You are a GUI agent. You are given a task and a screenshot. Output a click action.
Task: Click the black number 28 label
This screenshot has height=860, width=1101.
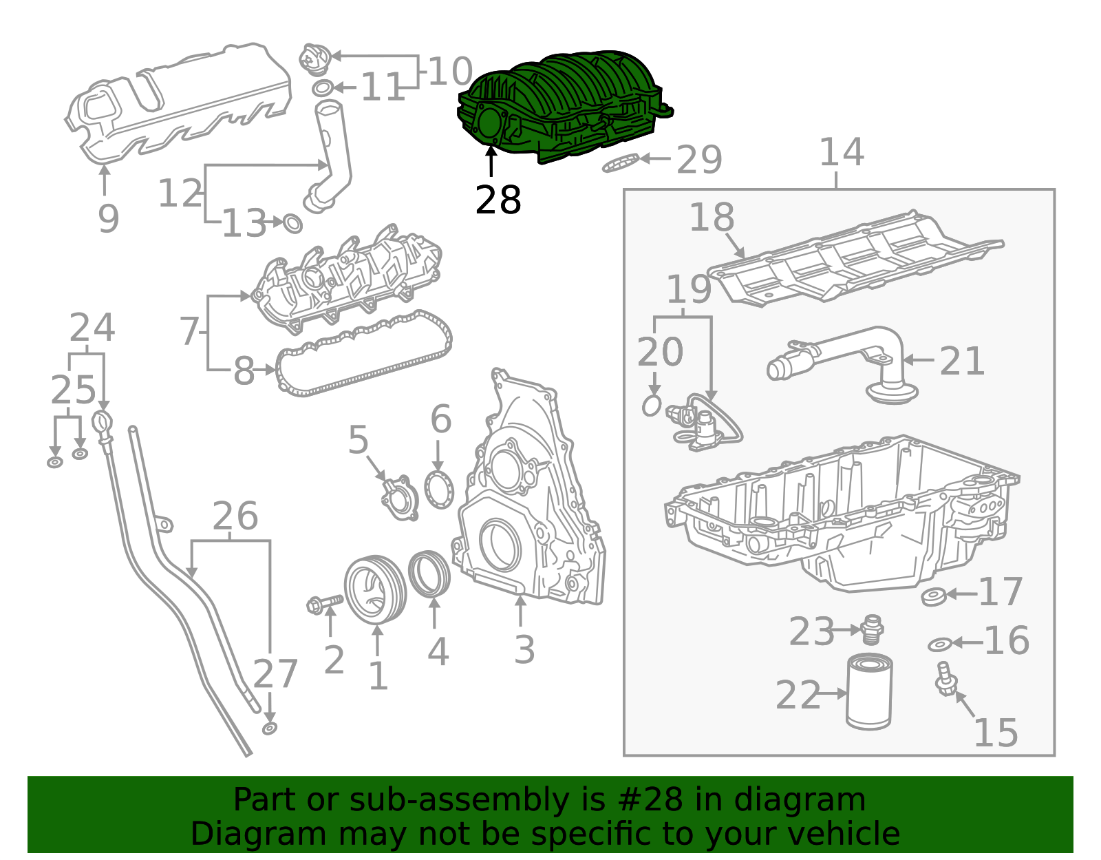pyautogui.click(x=498, y=200)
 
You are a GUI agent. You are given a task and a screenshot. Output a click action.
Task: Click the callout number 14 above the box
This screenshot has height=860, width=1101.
pyautogui.click(x=841, y=152)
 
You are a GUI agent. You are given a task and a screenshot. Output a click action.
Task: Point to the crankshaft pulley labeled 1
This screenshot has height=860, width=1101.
pyautogui.click(x=375, y=589)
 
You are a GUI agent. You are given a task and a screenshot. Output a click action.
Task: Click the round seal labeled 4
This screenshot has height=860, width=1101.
pyautogui.click(x=429, y=573)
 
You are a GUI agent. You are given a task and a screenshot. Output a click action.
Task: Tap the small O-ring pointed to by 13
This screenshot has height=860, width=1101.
pyautogui.click(x=293, y=223)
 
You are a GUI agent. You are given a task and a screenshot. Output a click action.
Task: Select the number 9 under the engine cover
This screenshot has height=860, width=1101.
pyautogui.click(x=108, y=218)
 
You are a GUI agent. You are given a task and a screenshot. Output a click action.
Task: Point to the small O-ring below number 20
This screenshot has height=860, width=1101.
pyautogui.click(x=651, y=406)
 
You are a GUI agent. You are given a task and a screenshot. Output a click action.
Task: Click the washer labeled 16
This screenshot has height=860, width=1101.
pyautogui.click(x=939, y=644)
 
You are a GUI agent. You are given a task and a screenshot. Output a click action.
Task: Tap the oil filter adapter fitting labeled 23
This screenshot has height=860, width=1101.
pyautogui.click(x=870, y=628)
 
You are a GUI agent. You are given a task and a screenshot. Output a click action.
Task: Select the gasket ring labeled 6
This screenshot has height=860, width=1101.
pyautogui.click(x=439, y=490)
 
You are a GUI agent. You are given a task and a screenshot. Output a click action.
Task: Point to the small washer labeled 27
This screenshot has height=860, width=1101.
pyautogui.click(x=270, y=728)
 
